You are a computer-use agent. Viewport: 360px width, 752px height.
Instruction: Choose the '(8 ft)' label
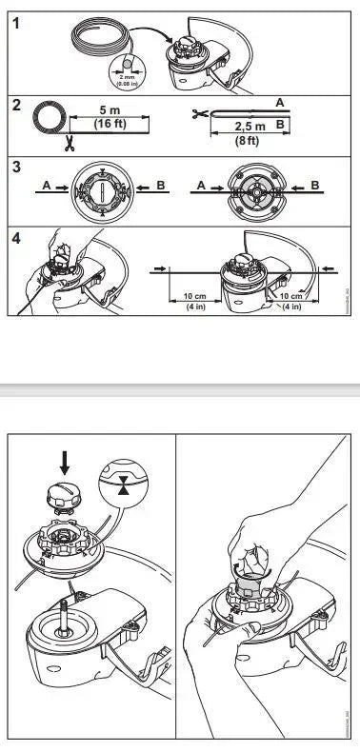tap(250, 139)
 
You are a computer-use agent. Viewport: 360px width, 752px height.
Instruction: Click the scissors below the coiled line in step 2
tap(70, 144)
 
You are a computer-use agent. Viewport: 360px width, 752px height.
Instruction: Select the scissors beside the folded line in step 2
tap(198, 115)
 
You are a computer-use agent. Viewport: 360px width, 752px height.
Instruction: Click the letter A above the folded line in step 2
tap(278, 101)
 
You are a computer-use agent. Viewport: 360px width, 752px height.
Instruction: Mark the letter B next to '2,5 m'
tap(278, 125)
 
